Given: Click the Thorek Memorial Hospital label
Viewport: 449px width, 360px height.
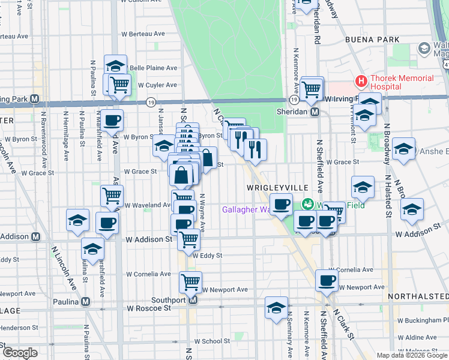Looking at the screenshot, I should [x=402, y=82].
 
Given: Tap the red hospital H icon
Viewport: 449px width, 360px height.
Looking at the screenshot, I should [x=361, y=80].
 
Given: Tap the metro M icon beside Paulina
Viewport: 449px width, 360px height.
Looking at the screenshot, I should [x=86, y=301].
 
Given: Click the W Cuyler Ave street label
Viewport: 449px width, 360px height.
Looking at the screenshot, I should [x=157, y=85].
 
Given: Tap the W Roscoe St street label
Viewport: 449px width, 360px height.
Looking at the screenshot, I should [x=148, y=308].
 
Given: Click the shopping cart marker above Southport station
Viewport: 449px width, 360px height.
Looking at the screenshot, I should [x=190, y=281].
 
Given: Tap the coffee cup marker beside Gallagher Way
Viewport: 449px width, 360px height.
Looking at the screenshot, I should [x=281, y=204].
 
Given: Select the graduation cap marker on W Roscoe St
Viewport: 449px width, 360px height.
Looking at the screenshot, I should [x=276, y=308].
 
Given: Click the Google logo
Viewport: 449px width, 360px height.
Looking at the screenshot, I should [x=20, y=353].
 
